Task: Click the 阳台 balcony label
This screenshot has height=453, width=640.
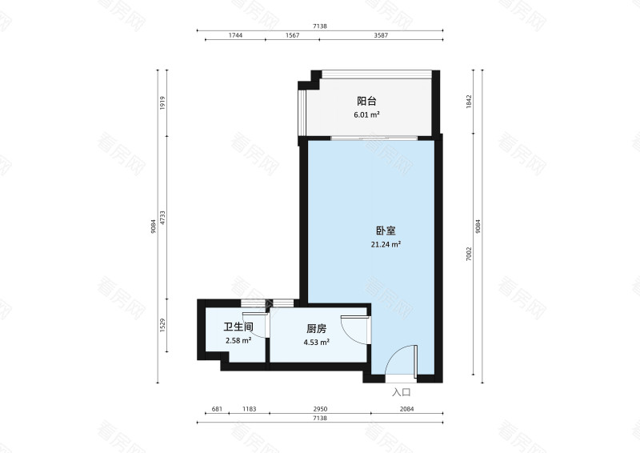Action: pos(366,102)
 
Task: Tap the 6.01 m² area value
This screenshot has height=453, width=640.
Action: pos(366,114)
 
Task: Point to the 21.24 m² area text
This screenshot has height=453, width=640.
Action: pos(386,244)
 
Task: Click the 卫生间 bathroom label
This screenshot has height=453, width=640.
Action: pos(238,327)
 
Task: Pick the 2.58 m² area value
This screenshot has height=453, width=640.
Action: pos(238,340)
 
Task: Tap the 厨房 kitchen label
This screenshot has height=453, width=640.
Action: pos(317,328)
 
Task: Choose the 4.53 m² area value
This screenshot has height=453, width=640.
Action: pos(317,342)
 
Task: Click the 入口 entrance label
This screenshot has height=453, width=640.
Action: pos(401,392)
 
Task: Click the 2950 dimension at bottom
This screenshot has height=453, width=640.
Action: pos(319,409)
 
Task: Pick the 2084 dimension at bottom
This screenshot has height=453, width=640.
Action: pos(406,409)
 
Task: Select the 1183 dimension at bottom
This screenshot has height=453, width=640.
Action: pos(248,409)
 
